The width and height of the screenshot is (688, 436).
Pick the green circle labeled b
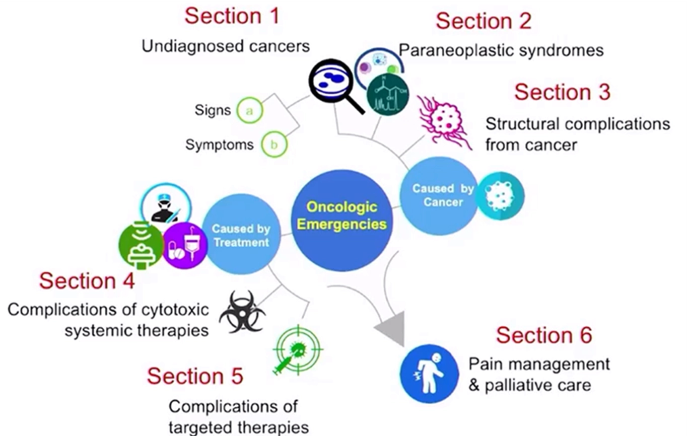point(274,145)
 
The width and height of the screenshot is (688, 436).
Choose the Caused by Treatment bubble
point(241,235)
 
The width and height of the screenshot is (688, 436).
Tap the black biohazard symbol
point(242,312)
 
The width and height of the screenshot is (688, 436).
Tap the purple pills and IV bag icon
point(185,245)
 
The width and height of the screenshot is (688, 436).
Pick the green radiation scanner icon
point(142,246)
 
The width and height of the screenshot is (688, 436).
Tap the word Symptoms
point(219,145)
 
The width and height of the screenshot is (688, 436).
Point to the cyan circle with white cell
point(500,196)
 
